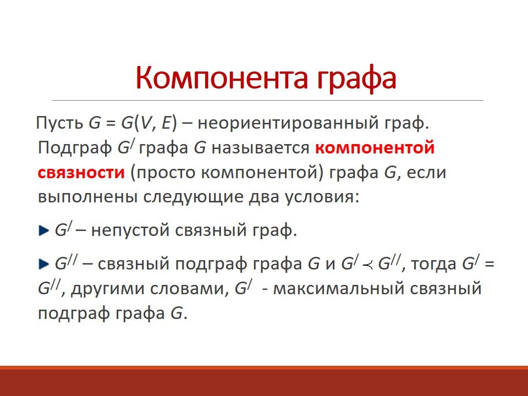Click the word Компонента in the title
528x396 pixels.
pyautogui.click(x=218, y=78)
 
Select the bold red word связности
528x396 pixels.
pyautogui.click(x=81, y=172)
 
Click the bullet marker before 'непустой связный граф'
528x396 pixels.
pyautogui.click(x=44, y=229)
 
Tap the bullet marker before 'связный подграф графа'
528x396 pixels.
pyautogui.click(x=44, y=265)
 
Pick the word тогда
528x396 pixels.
pyautogui.click(x=435, y=265)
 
